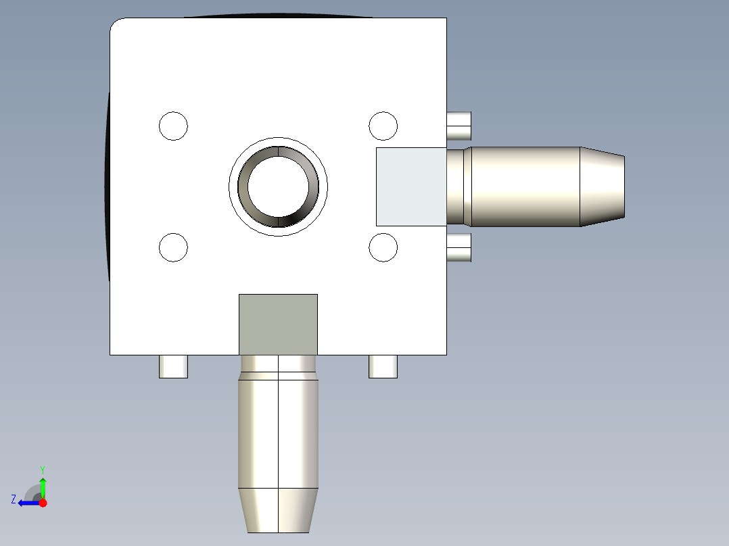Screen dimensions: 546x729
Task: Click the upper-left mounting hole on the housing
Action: click(x=173, y=126)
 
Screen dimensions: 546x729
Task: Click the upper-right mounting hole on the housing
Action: click(x=383, y=126)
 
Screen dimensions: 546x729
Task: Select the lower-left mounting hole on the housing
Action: click(x=173, y=247)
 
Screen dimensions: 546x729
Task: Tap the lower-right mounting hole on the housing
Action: click(x=383, y=247)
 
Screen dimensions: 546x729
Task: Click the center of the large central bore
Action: click(x=278, y=187)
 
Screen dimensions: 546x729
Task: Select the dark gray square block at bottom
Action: click(x=278, y=324)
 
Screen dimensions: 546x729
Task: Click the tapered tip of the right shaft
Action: click(x=603, y=187)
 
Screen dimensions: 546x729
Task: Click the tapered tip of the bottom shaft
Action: click(x=278, y=510)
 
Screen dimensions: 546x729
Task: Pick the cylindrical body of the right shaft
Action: click(x=524, y=187)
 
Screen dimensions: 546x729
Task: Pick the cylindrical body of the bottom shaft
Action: click(x=278, y=432)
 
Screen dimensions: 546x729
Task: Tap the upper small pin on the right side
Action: click(x=459, y=126)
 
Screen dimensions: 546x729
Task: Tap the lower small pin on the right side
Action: click(x=459, y=248)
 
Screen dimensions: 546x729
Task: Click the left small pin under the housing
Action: click(x=173, y=366)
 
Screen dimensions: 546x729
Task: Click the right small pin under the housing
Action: click(x=383, y=366)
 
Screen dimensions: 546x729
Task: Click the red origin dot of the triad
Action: click(x=43, y=503)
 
